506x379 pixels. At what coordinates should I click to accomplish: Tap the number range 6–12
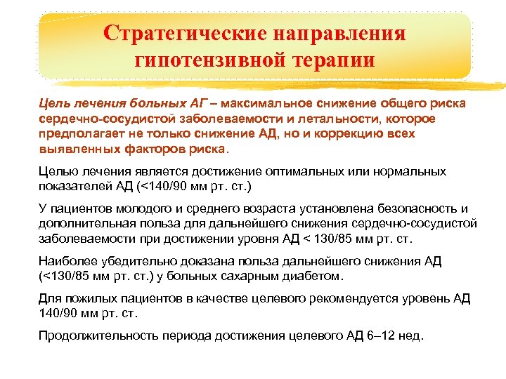(379, 336)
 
